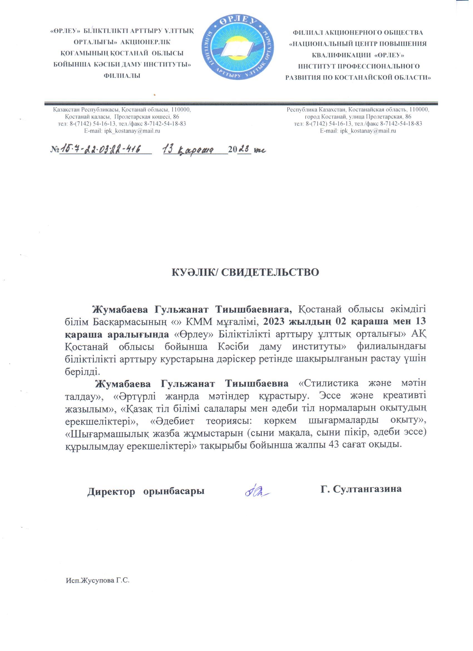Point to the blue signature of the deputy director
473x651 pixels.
click(257, 491)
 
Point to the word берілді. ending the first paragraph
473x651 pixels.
click(82, 371)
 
